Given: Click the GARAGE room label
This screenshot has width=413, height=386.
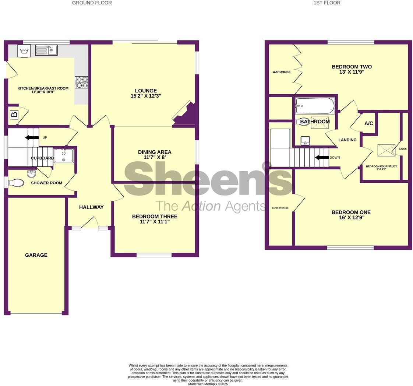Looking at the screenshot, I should point(36,255).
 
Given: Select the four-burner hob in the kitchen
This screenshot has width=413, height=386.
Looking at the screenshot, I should point(81,82).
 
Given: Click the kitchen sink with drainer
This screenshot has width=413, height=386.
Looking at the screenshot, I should point(46,50).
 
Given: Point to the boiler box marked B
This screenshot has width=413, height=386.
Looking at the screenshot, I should point(14,115).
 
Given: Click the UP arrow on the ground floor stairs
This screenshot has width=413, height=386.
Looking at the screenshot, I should point(32,138).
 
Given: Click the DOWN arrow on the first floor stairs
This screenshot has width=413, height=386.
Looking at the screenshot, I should point(322,158).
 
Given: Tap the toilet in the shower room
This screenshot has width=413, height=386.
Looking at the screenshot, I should point(16,183).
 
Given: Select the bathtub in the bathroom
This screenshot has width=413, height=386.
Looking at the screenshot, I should point(315,106).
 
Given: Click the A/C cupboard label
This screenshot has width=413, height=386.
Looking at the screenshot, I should point(368,123).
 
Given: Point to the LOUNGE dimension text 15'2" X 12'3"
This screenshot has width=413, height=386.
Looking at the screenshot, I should point(146,96).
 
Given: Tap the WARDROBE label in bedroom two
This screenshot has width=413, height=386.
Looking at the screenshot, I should point(281,72).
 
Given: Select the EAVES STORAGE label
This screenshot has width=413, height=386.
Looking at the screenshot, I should point(280,208).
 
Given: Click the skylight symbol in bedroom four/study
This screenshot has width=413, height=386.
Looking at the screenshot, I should point(386,150).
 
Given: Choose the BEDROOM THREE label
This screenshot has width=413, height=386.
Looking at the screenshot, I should point(155,217).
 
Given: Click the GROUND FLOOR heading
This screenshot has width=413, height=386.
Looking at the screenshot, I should point(92,3).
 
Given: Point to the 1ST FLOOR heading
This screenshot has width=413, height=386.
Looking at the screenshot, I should point(326,3).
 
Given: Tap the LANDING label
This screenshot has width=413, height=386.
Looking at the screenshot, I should point(347,140).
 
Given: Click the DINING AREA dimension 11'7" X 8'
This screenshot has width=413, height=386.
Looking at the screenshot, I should point(155,157).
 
